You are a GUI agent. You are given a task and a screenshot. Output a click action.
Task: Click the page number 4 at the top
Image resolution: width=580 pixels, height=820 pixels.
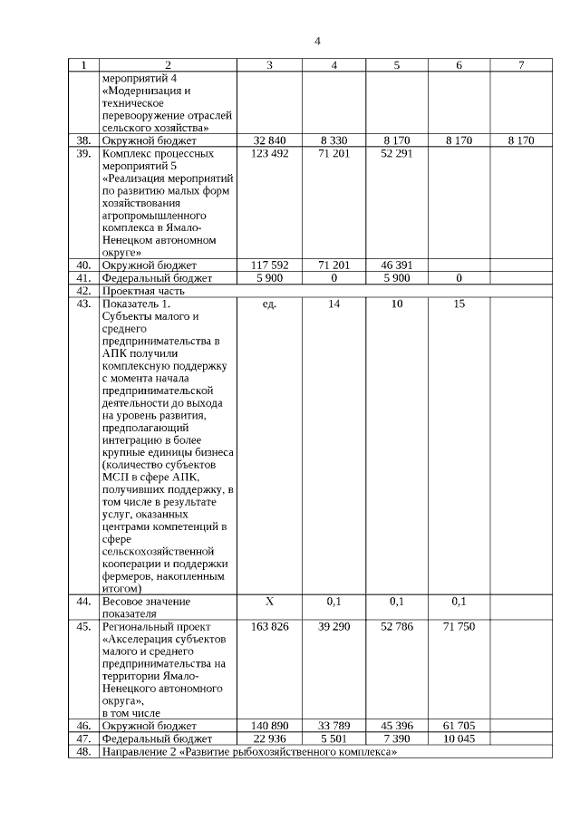pos(317,41)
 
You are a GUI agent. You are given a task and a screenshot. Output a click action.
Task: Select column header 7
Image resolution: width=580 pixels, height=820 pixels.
pos(521,65)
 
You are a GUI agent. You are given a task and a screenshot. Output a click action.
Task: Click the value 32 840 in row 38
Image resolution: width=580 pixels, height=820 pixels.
pos(269,140)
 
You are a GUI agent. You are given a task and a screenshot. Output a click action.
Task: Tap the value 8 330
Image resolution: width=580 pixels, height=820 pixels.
pos(334,140)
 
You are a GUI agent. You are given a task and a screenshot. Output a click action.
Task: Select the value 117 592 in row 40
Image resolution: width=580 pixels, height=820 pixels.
pos(269,265)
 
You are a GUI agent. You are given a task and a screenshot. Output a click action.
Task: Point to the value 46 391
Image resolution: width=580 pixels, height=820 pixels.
pos(397,265)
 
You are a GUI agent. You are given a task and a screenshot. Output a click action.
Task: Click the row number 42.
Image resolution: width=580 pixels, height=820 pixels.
pos(83,291)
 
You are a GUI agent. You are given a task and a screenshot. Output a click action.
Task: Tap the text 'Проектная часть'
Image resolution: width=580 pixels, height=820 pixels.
pos(143,291)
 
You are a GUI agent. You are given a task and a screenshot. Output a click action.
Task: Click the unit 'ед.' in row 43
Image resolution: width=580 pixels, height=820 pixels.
pos(269,304)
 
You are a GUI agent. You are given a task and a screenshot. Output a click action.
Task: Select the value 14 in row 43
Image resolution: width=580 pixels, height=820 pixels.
pos(334,304)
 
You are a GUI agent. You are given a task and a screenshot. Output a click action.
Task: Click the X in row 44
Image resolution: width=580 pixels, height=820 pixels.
pos(269,601)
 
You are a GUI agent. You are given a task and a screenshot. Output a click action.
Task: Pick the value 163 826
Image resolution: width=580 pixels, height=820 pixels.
pos(269,626)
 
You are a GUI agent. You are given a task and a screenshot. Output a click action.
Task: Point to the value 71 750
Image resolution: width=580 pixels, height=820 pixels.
pos(459,626)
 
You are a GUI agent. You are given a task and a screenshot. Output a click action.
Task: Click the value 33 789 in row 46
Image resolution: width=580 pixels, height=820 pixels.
pos(334,726)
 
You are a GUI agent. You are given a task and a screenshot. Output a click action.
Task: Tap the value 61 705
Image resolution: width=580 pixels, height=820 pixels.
pos(459,726)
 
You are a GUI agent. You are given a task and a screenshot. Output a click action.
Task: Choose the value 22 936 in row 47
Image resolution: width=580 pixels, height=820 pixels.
pos(269,738)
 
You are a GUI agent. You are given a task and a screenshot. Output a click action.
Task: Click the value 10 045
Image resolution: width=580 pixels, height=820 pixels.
pos(459,738)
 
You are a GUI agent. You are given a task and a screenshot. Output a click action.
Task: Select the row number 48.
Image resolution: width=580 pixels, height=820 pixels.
pos(83,751)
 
